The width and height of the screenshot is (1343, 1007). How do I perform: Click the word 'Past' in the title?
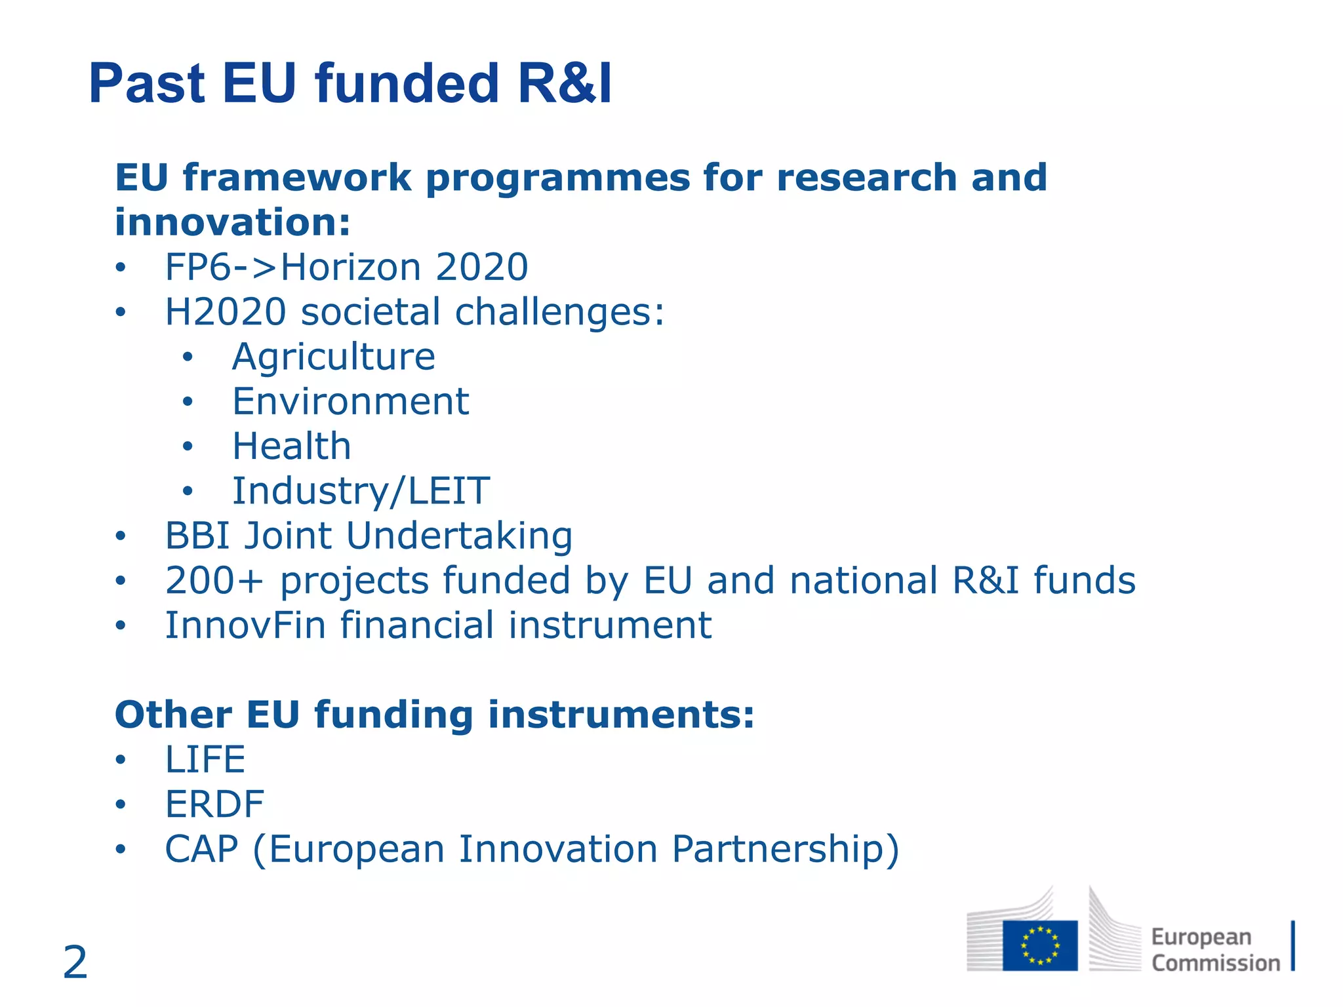148,83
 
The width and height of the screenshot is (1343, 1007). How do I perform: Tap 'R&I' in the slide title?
565,83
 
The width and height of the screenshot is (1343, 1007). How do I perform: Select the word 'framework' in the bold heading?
297,178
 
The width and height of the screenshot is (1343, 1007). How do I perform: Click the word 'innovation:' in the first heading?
233,222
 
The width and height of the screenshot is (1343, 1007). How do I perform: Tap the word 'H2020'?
226,311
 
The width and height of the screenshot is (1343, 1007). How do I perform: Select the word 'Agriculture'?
334,357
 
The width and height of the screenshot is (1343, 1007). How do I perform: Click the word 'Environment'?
351,401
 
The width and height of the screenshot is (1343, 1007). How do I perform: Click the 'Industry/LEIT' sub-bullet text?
361,491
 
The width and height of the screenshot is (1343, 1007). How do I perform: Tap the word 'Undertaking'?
459,536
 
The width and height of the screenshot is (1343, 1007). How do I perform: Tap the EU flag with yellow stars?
1040,945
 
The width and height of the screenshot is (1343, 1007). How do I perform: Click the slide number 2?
75,962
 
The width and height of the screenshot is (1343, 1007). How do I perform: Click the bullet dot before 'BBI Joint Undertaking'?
120,536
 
